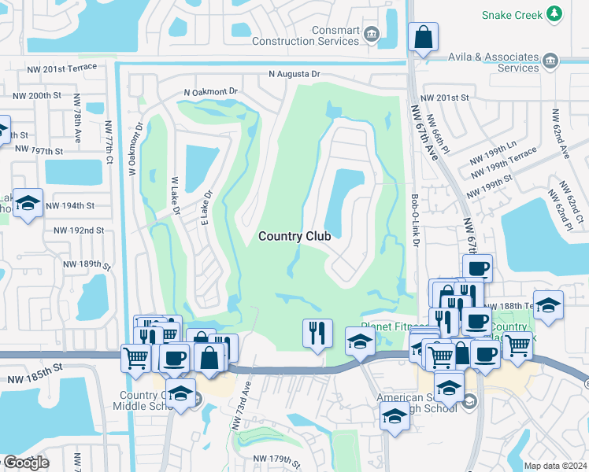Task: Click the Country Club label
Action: (x=294, y=235)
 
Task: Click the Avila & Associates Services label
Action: (x=496, y=62)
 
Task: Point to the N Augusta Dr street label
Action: (x=295, y=74)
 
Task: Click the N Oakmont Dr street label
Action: (x=210, y=92)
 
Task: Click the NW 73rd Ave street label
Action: (x=240, y=405)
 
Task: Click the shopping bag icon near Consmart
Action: (x=423, y=36)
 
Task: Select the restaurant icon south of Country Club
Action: (x=317, y=332)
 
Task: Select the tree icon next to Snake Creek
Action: (x=555, y=13)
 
